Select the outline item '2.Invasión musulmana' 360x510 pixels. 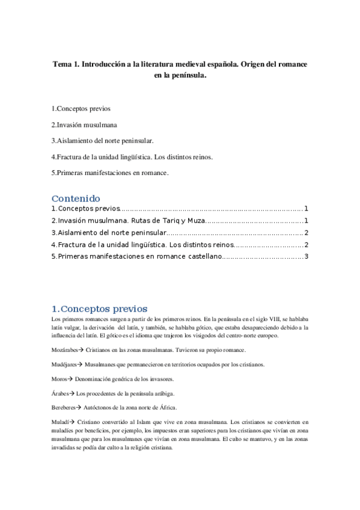(x=84, y=125)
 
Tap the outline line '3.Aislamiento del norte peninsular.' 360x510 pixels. (x=103, y=141)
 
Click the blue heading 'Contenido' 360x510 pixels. (x=76, y=198)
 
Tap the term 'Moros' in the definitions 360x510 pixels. (x=59, y=379)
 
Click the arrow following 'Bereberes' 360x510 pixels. (x=83, y=408)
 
